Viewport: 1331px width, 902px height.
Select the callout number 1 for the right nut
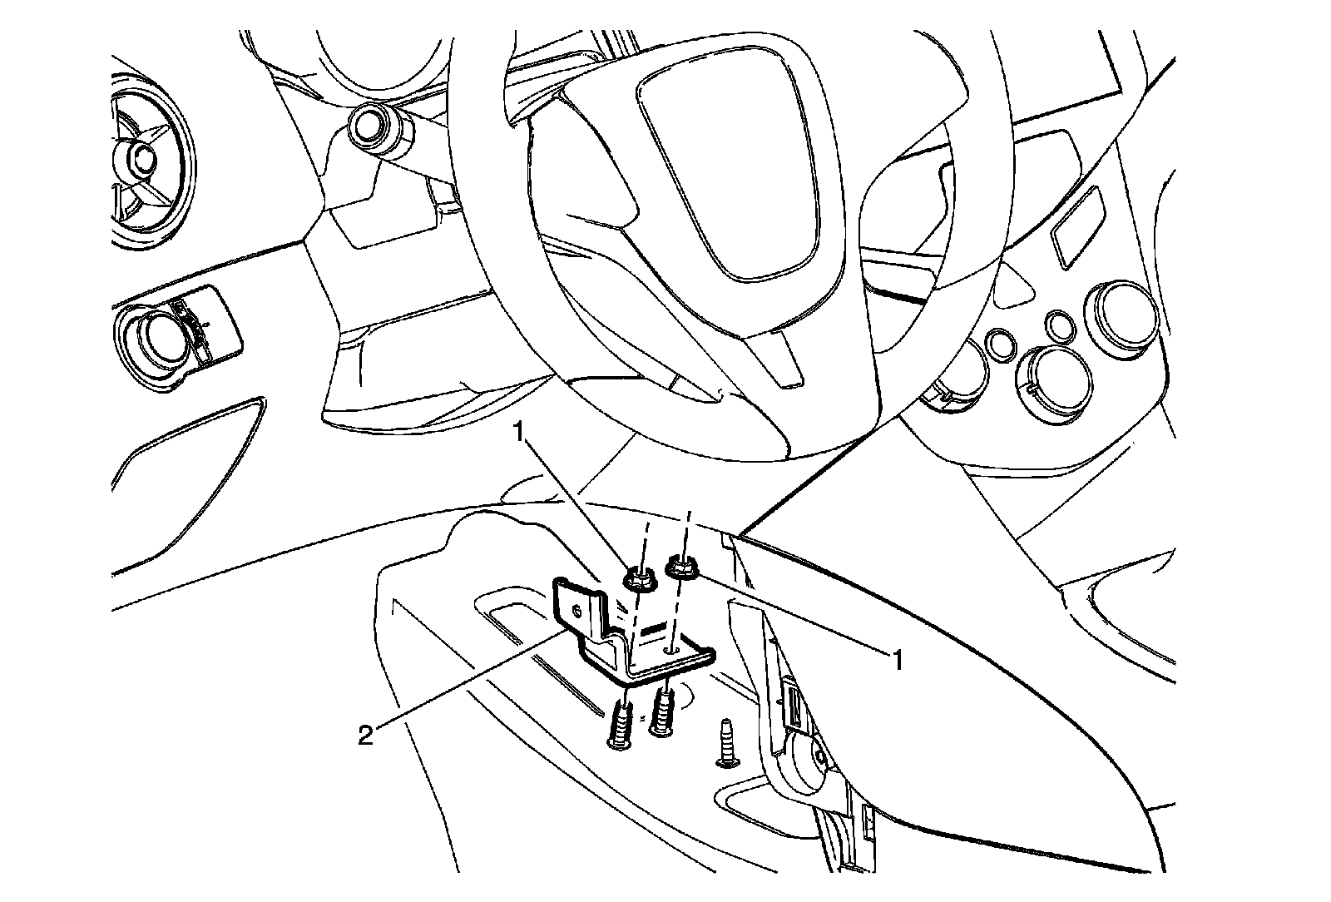895,661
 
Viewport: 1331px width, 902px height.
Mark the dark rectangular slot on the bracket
654,625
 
